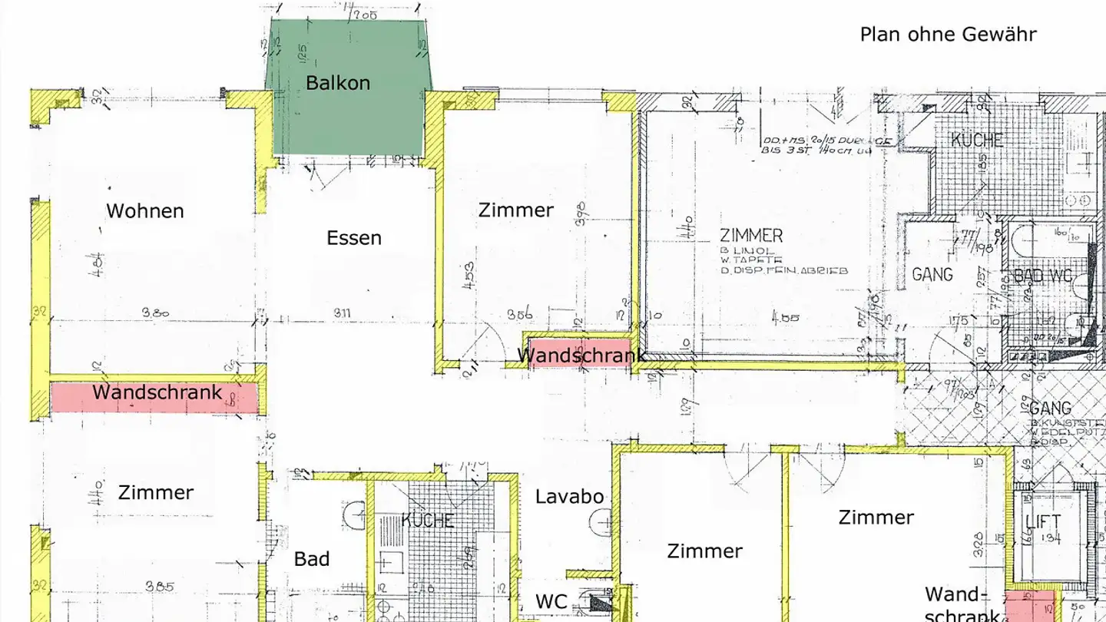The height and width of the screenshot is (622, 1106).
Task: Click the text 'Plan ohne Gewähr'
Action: click(x=948, y=35)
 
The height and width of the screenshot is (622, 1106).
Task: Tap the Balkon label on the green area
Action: click(x=338, y=83)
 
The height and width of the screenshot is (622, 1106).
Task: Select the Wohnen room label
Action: click(x=145, y=210)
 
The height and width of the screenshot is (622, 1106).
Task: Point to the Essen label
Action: click(x=354, y=238)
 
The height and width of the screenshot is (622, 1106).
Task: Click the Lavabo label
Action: click(x=570, y=497)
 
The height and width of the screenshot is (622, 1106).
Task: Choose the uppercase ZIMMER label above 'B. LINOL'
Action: click(x=751, y=236)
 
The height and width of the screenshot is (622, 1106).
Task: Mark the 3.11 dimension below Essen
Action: click(x=347, y=313)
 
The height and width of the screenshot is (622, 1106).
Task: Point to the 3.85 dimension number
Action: click(x=160, y=587)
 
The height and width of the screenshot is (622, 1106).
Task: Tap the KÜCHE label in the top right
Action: click(x=977, y=141)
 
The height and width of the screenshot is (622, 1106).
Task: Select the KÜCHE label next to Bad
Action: click(x=428, y=521)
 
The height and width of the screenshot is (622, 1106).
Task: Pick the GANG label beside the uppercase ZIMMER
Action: click(x=932, y=273)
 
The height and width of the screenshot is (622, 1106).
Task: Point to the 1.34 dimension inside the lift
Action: click(x=1051, y=540)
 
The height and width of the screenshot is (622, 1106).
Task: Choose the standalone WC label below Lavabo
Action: click(x=551, y=601)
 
